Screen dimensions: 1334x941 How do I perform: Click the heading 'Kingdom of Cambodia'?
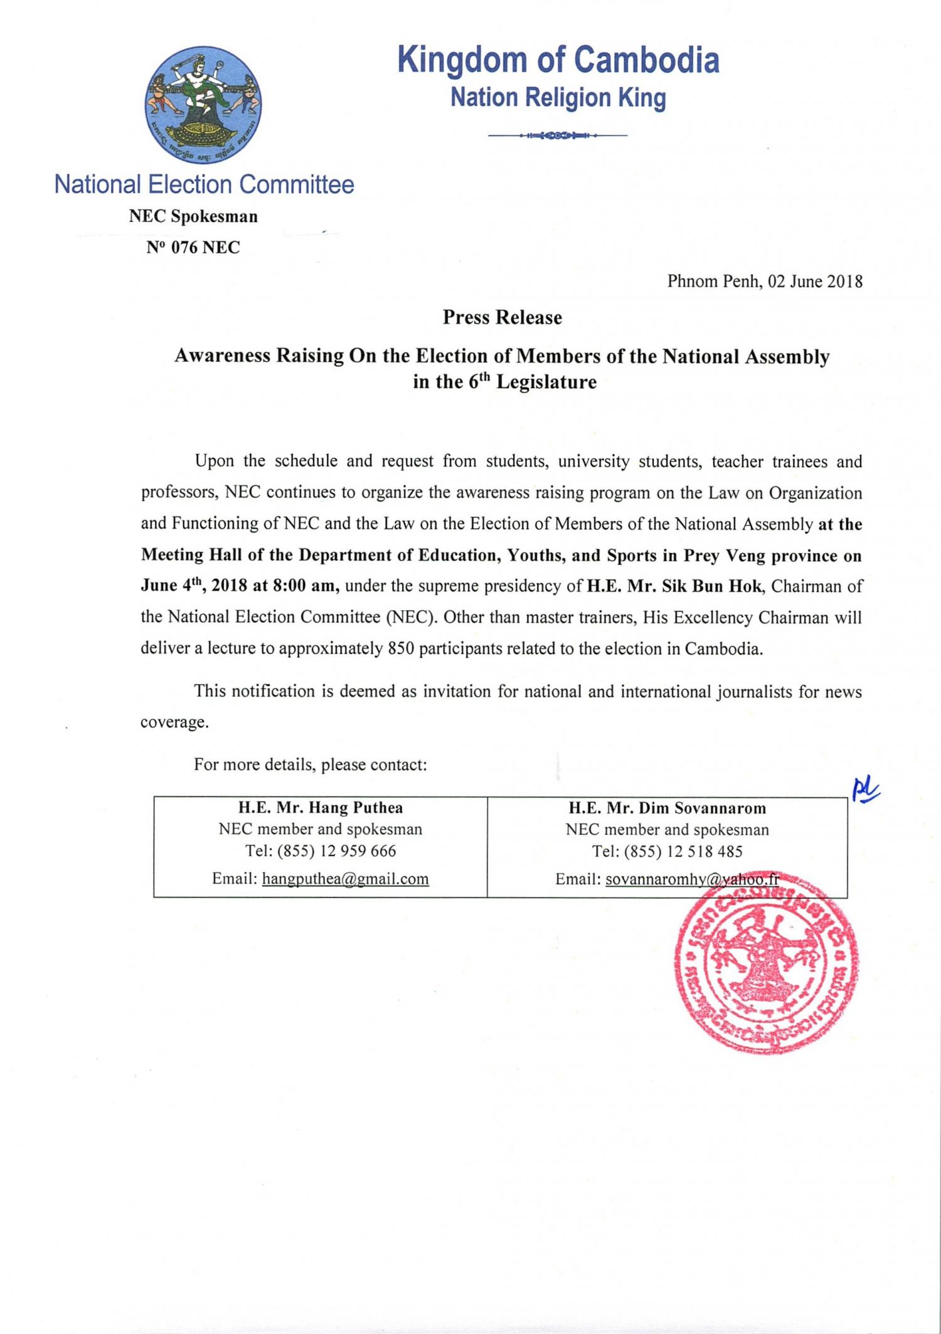558,60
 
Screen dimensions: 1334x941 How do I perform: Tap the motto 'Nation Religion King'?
558,98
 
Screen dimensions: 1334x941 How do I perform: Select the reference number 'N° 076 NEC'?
193,248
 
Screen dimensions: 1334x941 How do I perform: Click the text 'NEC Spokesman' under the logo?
193,217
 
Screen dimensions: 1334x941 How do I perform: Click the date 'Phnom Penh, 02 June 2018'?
765,282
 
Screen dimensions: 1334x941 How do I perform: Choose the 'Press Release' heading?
502,318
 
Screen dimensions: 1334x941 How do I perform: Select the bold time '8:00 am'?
308,586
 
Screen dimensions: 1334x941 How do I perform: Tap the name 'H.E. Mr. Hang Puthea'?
320,808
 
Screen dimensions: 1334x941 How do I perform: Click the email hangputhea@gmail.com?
345,879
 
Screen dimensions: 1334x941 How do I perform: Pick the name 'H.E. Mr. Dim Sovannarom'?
667,809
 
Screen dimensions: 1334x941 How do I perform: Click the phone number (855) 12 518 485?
685,852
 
